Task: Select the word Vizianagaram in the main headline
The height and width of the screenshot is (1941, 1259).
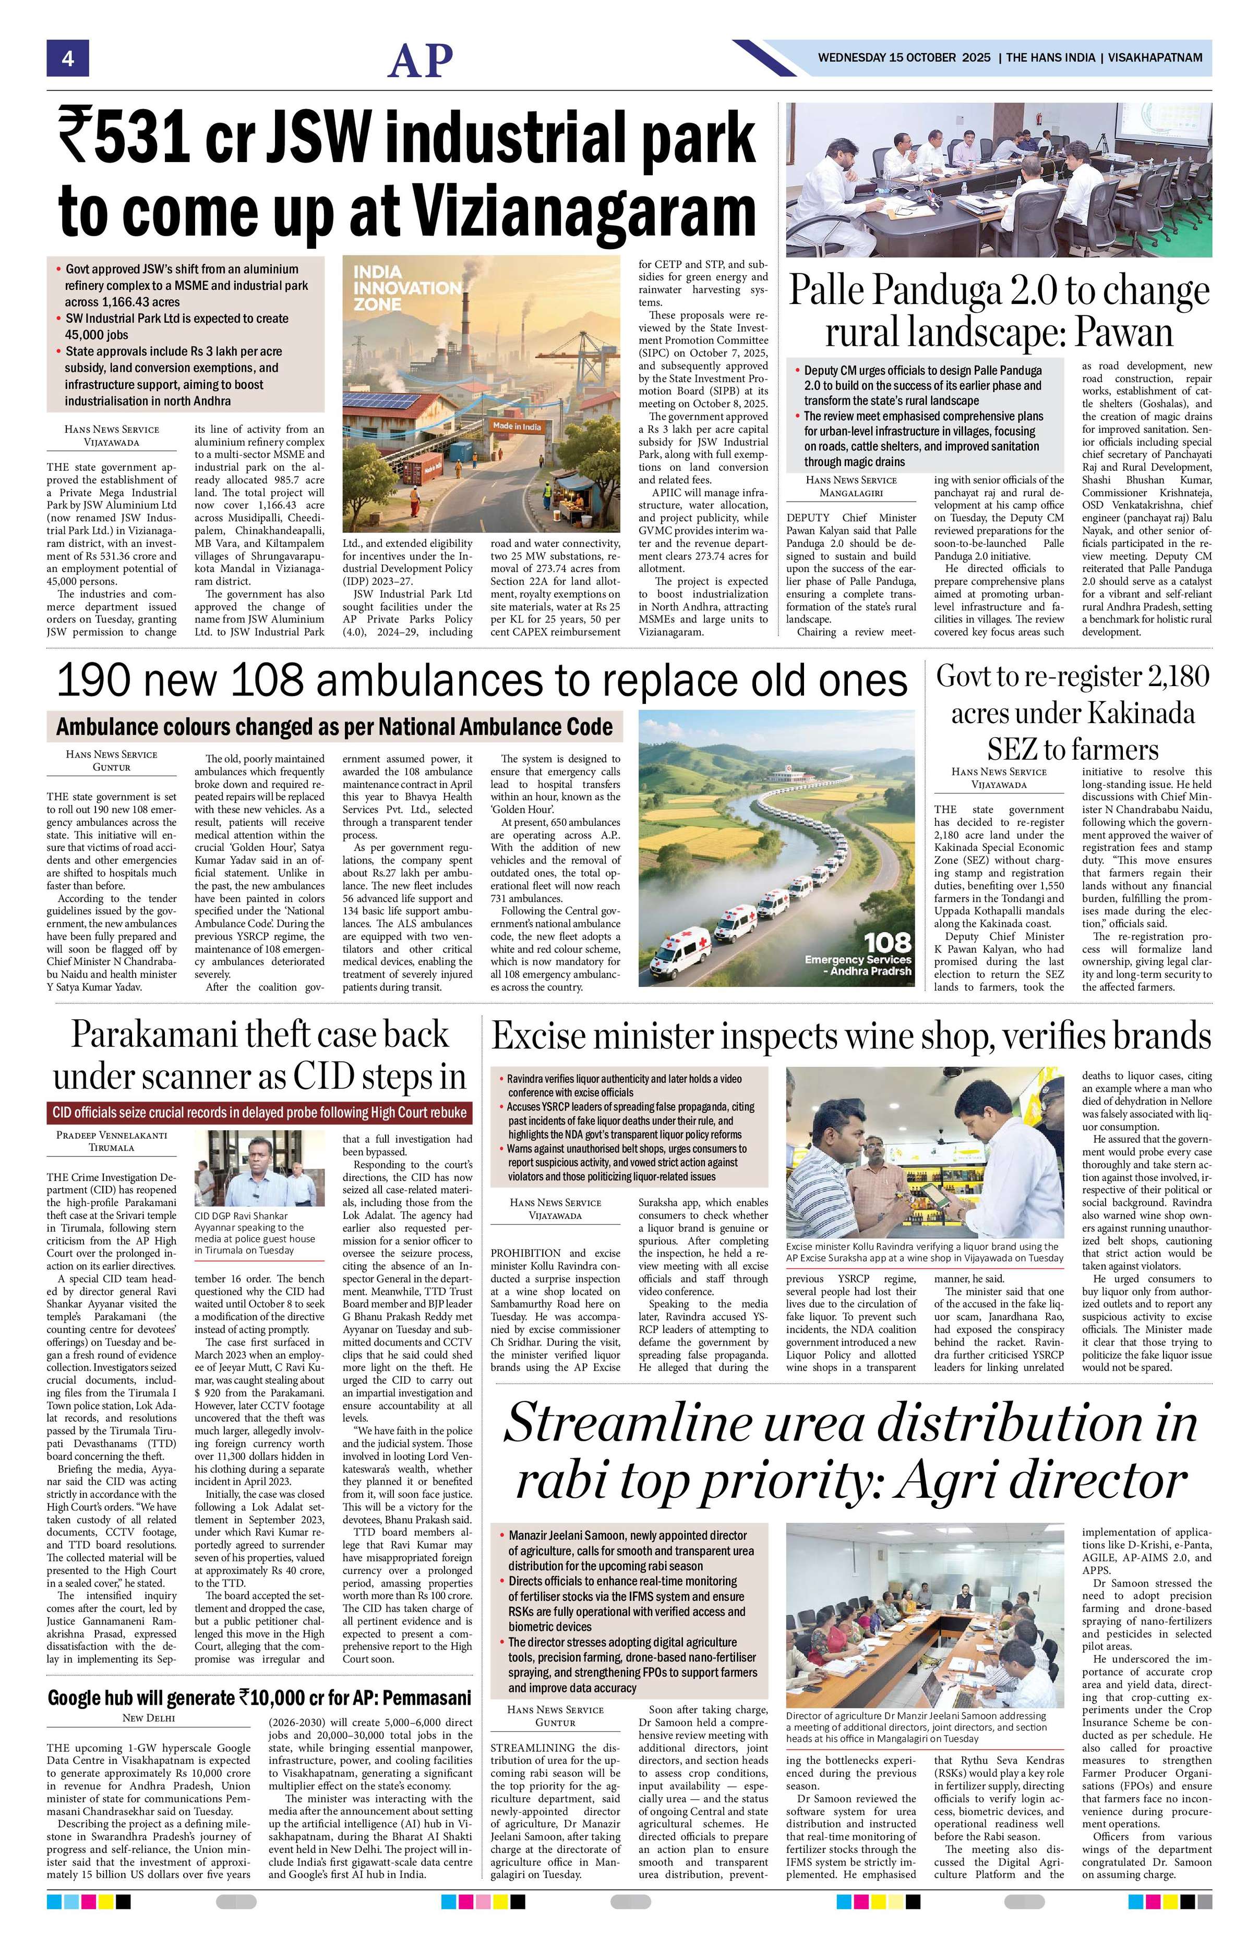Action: pos(585,211)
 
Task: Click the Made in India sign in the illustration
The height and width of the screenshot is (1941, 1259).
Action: pos(515,426)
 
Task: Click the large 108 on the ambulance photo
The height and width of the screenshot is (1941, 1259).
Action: pos(888,942)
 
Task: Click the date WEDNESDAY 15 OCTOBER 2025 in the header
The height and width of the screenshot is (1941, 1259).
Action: pos(904,58)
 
